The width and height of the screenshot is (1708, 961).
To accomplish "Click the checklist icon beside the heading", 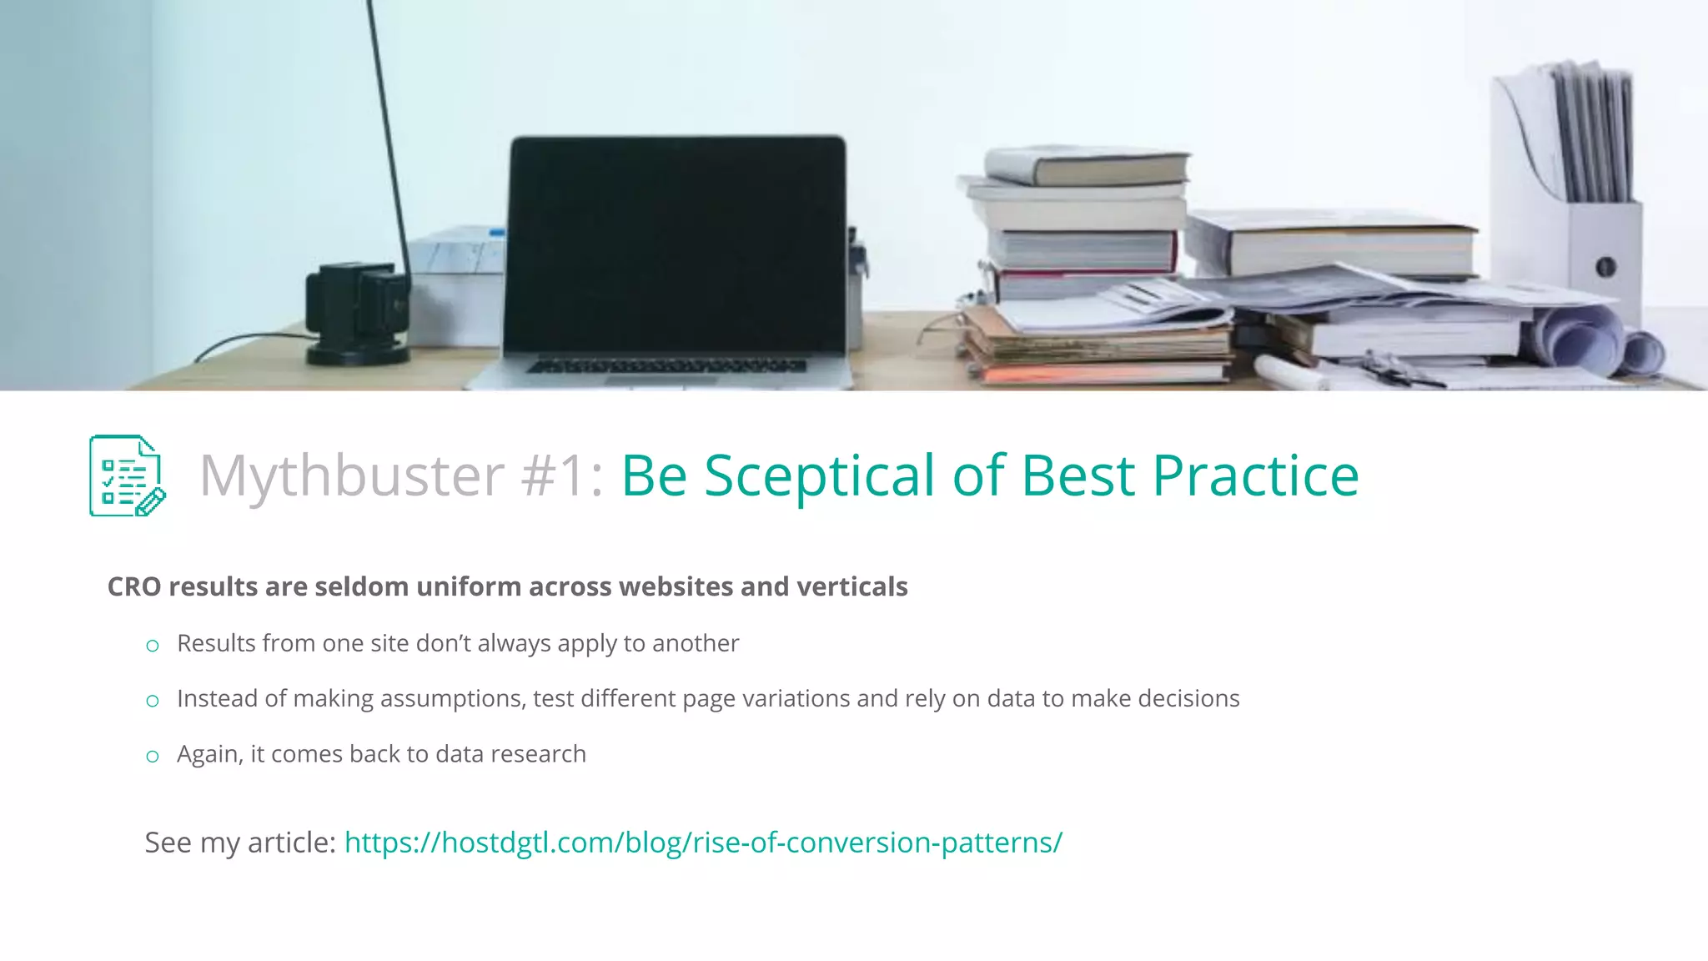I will click(127, 475).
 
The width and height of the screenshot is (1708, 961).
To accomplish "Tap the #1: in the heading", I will click(562, 475).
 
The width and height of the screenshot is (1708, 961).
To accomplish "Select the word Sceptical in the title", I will click(819, 475).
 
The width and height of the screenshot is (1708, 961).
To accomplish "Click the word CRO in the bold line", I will click(134, 586).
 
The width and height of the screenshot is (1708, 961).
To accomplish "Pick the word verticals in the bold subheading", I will click(851, 586).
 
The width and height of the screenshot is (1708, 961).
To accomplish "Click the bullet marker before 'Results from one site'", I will click(152, 646).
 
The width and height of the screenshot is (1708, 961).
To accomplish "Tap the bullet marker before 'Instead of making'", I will click(152, 701).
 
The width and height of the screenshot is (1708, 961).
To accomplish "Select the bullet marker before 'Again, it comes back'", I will click(152, 757).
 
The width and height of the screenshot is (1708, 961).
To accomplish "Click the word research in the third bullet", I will click(538, 754).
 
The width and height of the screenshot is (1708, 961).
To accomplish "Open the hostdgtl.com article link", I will click(703, 843).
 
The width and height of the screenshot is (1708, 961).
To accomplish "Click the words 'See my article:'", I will click(240, 843).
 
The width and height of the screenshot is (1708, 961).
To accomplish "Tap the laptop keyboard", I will click(667, 365).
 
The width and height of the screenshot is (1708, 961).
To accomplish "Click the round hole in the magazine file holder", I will click(1605, 268).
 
